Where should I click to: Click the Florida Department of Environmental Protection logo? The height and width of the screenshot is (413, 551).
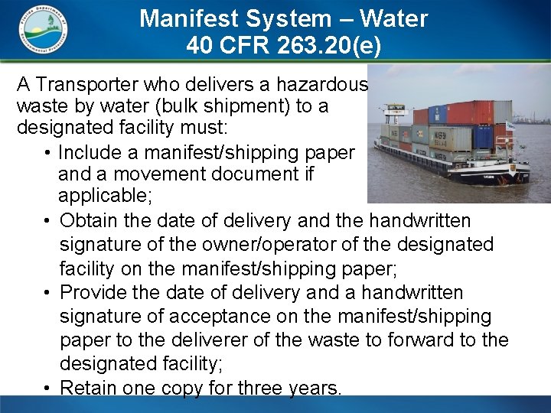pyautogui.click(x=43, y=30)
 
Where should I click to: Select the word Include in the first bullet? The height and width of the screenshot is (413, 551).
pyautogui.click(x=88, y=152)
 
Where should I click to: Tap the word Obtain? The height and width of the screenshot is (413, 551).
pyautogui.click(x=87, y=221)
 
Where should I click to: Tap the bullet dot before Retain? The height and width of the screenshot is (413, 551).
pyautogui.click(x=47, y=388)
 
